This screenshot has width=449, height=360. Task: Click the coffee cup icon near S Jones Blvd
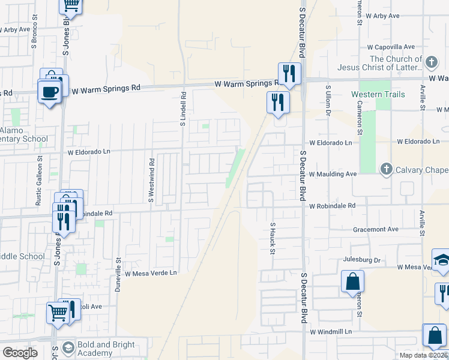pyautogui.click(x=49, y=92)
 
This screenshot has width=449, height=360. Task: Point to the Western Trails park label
pyautogui.click(x=378, y=94)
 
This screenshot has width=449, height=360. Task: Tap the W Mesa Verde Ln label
pyautogui.click(x=152, y=273)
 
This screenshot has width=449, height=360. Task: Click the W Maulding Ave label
pyautogui.click(x=333, y=173)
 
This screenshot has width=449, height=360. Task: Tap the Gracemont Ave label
pyautogui.click(x=376, y=229)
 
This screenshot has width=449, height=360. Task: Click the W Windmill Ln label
pyautogui.click(x=330, y=331)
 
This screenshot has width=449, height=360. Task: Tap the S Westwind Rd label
pyautogui.click(x=152, y=179)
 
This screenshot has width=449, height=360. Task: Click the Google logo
pyautogui.click(x=19, y=353)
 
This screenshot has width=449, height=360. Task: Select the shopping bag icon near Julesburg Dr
pyautogui.click(x=352, y=281)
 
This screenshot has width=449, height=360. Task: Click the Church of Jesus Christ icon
pyautogui.click(x=431, y=62)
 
